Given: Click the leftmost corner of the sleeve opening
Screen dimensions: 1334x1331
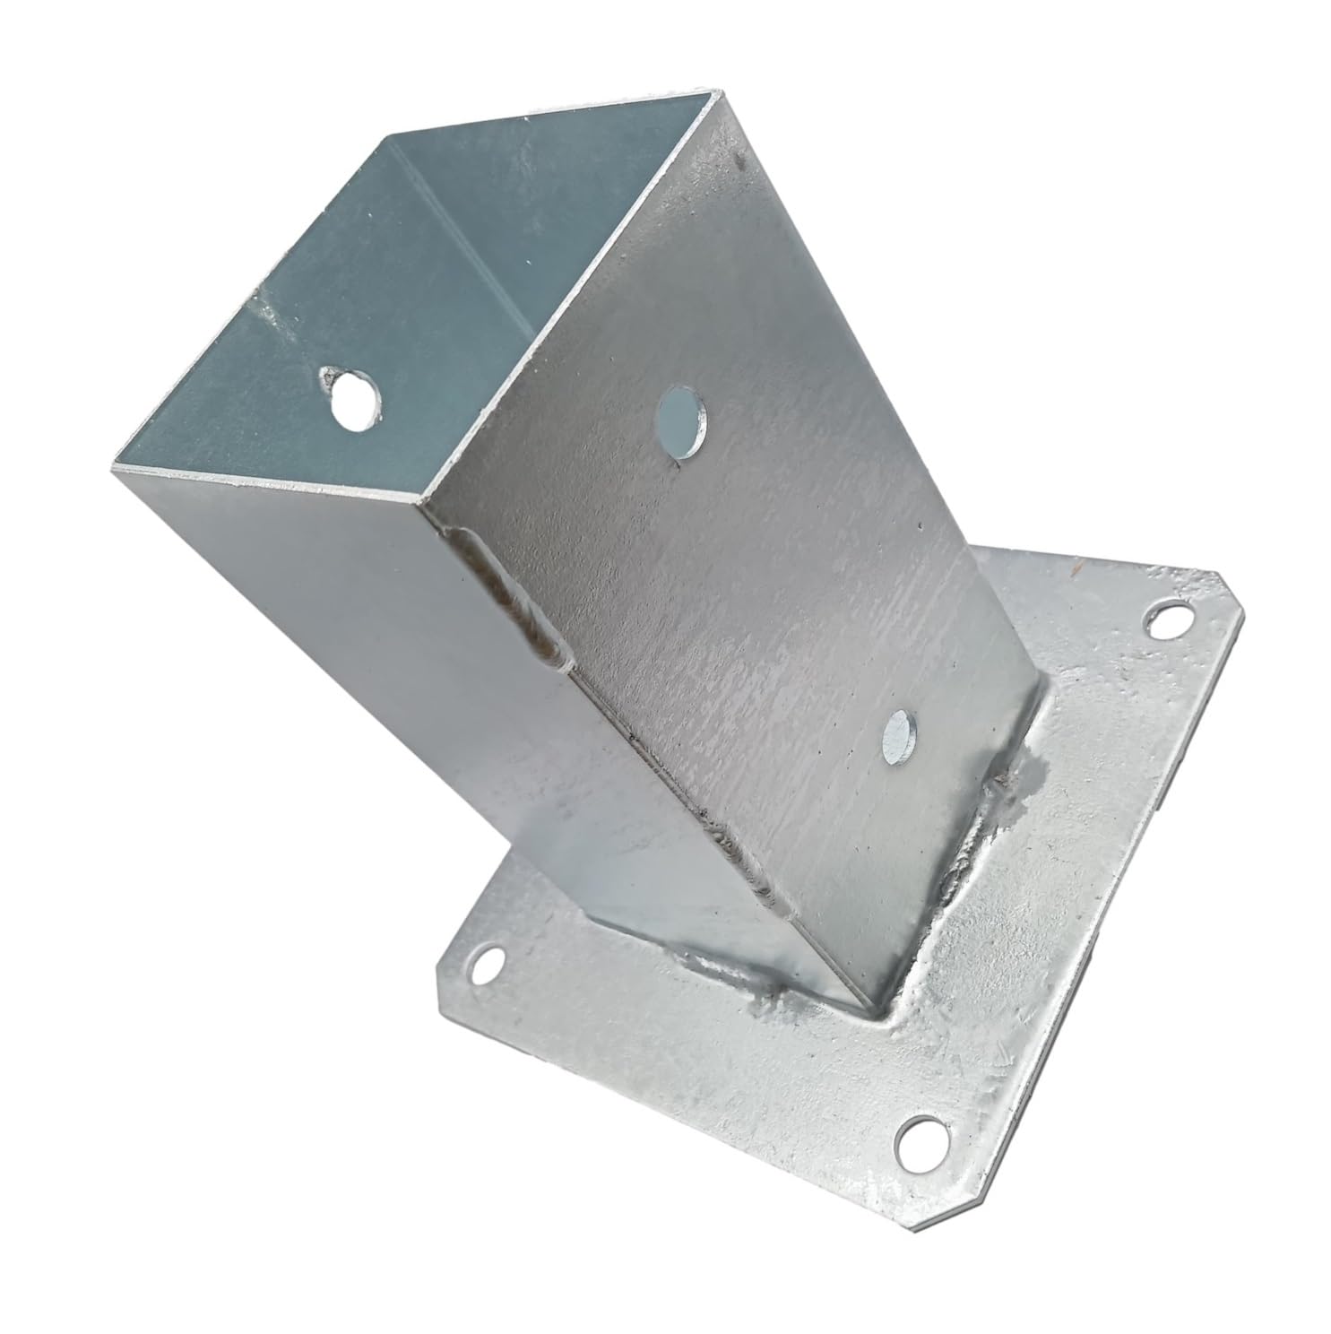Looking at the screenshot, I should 114,466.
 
